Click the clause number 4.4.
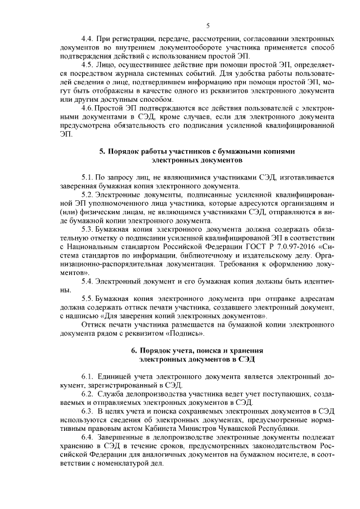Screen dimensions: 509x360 coord(89,39)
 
